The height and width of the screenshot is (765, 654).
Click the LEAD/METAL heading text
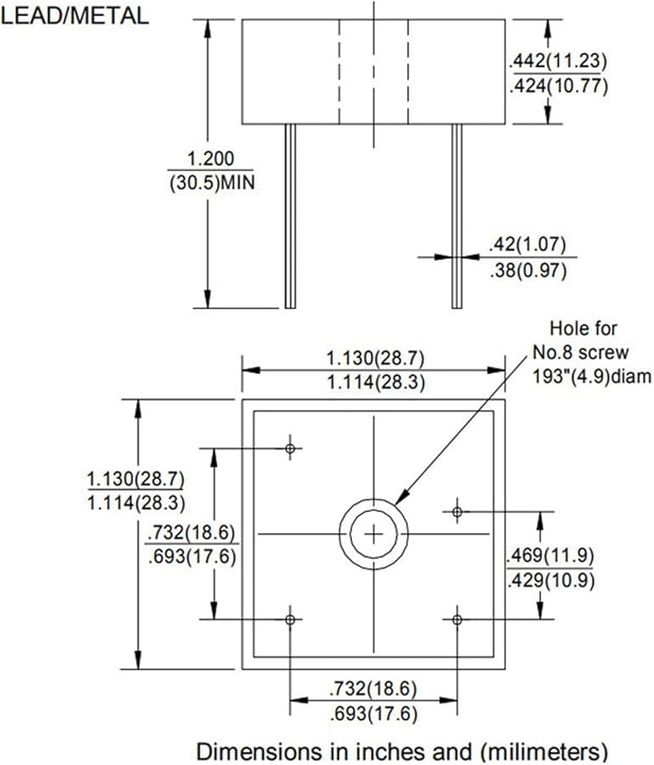coord(76,14)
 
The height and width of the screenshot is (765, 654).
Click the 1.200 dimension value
coord(210,159)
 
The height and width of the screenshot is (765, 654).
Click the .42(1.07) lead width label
coord(527,244)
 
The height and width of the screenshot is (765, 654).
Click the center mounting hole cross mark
coord(373,534)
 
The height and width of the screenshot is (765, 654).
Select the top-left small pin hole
coord(290,447)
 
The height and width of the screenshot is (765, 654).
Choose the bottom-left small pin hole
coord(290,620)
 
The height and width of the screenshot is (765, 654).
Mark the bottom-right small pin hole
coord(457,620)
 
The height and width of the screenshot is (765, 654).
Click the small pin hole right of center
coord(457,512)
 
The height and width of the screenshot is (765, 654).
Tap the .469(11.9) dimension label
coord(549,557)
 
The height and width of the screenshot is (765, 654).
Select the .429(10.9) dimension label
coord(549,581)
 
